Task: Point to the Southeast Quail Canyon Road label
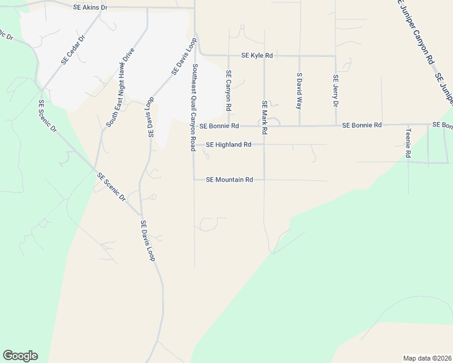(x=194, y=107)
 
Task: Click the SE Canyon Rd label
(x=228, y=90)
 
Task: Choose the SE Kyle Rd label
(x=257, y=56)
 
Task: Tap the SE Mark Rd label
(x=264, y=114)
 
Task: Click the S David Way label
(x=299, y=91)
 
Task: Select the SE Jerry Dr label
(x=335, y=91)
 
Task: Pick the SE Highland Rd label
(x=228, y=145)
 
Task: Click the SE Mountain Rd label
(x=229, y=180)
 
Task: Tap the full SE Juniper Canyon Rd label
(x=417, y=33)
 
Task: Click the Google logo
(x=20, y=356)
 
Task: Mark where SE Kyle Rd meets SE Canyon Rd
(x=228, y=56)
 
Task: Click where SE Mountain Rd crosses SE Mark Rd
(x=264, y=180)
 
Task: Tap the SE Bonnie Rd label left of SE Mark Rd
(x=219, y=126)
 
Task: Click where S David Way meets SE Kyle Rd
(x=299, y=56)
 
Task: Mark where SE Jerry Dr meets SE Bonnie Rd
(x=335, y=126)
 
